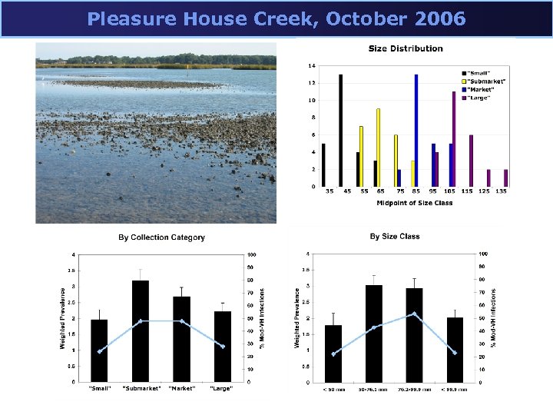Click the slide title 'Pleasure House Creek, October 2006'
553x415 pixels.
276,18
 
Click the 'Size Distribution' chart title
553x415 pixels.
406,48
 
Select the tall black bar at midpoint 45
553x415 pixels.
340,131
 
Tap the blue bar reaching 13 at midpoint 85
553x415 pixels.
416,131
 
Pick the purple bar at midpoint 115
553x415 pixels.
471,161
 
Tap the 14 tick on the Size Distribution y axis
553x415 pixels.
313,66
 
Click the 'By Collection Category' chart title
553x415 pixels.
161,237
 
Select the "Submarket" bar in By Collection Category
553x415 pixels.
141,330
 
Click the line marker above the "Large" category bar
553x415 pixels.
222,347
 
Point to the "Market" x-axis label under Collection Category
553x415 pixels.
181,388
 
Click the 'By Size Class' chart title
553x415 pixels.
395,237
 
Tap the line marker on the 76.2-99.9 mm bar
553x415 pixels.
415,314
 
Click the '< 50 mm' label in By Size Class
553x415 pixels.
333,389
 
